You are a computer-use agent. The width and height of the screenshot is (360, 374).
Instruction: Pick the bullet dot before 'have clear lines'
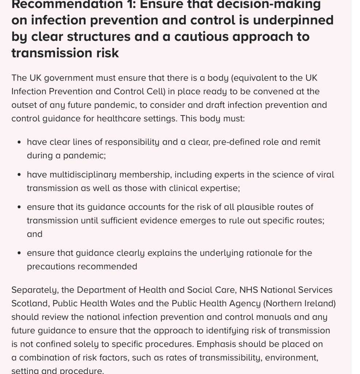(x=19, y=142)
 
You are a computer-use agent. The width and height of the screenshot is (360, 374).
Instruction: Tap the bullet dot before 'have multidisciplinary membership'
(x=19, y=175)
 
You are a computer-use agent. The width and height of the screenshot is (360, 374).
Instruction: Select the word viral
(x=325, y=175)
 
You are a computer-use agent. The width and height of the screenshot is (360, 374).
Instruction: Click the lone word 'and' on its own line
(x=35, y=234)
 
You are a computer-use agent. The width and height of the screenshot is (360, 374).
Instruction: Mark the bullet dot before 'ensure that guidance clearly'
(x=19, y=253)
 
